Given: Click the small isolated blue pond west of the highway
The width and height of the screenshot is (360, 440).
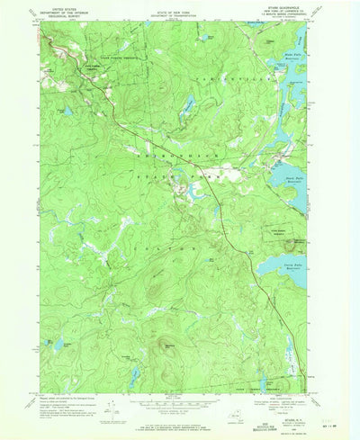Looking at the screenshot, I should (x=66, y=112).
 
